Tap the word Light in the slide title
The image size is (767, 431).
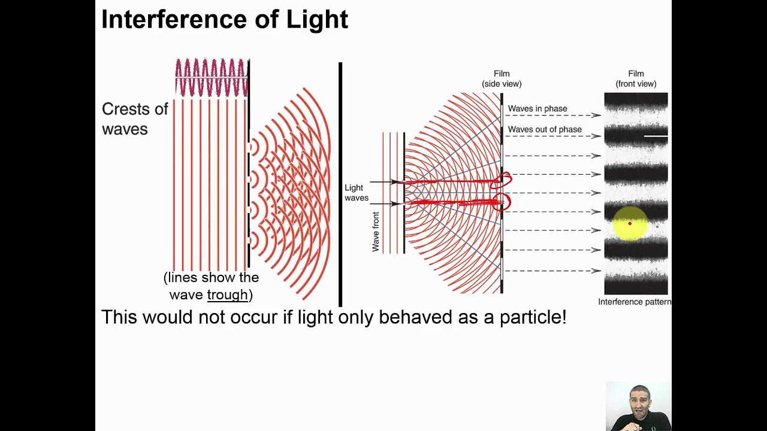point(317,20)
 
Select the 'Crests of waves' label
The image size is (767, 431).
point(134,119)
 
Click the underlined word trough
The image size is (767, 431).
point(227,295)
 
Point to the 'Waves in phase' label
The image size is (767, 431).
point(537,108)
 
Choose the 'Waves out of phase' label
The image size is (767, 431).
point(544,129)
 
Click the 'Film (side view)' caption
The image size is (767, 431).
point(502,78)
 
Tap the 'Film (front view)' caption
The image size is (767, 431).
point(636,78)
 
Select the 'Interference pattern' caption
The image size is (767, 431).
point(635,302)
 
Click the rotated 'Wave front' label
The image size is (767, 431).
point(376,232)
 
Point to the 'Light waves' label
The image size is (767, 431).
point(356,193)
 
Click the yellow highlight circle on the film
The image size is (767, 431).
point(630,223)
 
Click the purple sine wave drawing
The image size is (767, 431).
point(211,77)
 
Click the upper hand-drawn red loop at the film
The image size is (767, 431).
point(502,180)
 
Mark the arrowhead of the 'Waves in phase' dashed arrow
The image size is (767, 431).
point(597,115)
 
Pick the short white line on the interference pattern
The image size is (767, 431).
point(656,136)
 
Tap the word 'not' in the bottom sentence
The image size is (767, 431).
point(212,317)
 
